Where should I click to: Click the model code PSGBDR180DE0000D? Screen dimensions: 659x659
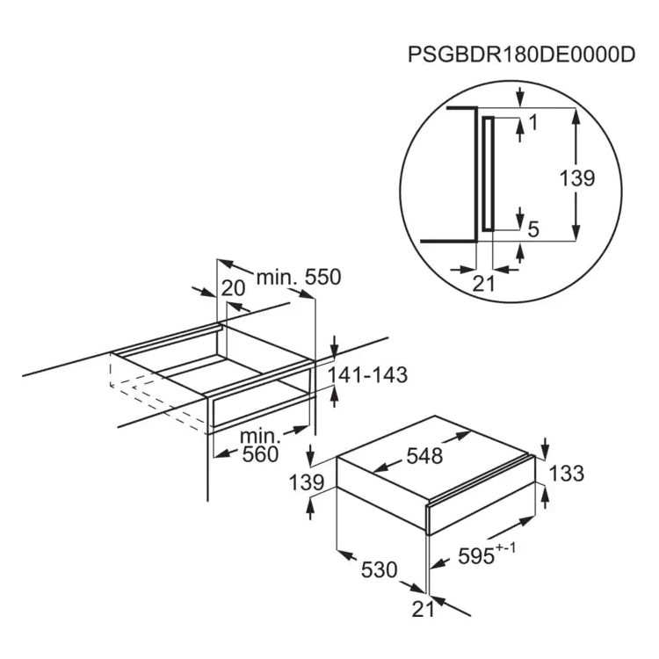click(521, 54)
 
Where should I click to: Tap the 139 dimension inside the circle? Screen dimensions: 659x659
click(577, 178)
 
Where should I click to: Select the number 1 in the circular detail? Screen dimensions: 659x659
click(533, 123)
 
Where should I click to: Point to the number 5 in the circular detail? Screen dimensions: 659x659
click(533, 230)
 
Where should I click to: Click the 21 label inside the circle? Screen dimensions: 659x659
click(484, 284)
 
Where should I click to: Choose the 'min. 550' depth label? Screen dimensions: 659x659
click(299, 278)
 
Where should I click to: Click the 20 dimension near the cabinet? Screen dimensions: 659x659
click(233, 289)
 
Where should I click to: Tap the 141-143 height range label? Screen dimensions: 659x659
click(367, 375)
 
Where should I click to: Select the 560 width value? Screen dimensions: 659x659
click(260, 454)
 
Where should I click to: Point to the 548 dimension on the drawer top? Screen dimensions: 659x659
click(424, 456)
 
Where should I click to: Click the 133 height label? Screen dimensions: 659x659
click(567, 474)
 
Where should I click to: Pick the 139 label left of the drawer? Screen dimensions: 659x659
click(307, 483)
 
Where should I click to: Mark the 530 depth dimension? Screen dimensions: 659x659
click(379, 570)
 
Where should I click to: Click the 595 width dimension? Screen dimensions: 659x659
click(476, 557)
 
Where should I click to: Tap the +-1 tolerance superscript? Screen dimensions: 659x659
click(505, 548)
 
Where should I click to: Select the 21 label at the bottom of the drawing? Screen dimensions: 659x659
click(423, 610)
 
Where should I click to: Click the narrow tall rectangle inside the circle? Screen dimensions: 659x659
click(488, 174)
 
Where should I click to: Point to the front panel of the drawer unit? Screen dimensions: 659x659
click(481, 495)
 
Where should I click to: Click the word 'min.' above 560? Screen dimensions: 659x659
click(260, 437)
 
